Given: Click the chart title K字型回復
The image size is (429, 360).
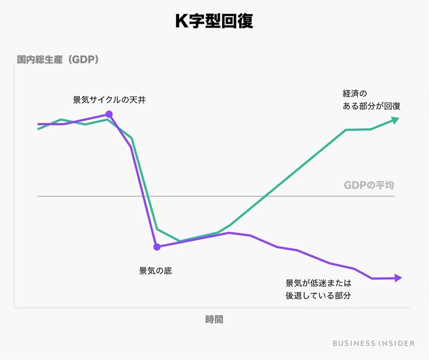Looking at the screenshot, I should (214, 22).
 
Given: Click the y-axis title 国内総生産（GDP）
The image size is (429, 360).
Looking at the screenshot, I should (58, 60).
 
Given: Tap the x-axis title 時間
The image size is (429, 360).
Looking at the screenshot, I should (214, 319).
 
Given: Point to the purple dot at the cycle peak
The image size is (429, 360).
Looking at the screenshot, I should (109, 114).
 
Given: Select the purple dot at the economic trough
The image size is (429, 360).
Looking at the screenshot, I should (157, 247).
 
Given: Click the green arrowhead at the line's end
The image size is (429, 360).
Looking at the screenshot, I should (395, 120).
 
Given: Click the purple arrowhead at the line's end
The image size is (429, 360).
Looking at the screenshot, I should (398, 278).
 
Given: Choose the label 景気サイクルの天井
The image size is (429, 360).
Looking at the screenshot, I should (109, 100).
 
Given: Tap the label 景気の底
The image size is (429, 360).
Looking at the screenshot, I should (156, 271).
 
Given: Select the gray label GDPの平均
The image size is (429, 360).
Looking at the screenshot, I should (369, 185).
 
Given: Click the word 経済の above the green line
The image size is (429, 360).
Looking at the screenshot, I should (355, 94).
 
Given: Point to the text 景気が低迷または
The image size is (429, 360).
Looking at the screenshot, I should (319, 283).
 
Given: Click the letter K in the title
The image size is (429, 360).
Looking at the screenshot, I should (182, 22).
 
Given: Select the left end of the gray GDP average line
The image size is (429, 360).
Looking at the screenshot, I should (38, 196).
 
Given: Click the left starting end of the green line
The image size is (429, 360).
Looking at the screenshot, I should (38, 129).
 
